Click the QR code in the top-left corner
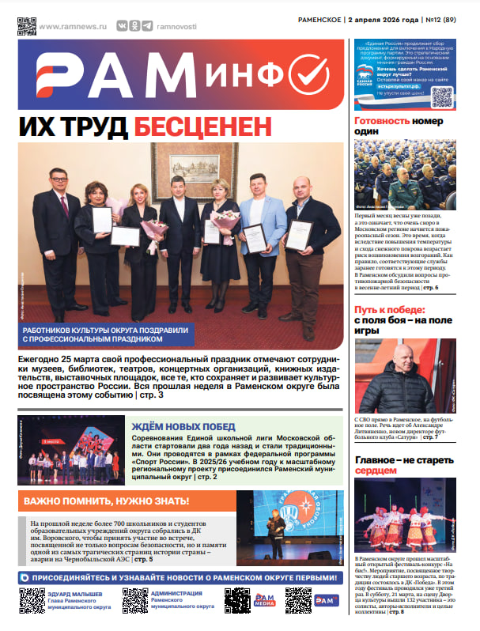point(27,25)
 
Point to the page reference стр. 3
point(149,394)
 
